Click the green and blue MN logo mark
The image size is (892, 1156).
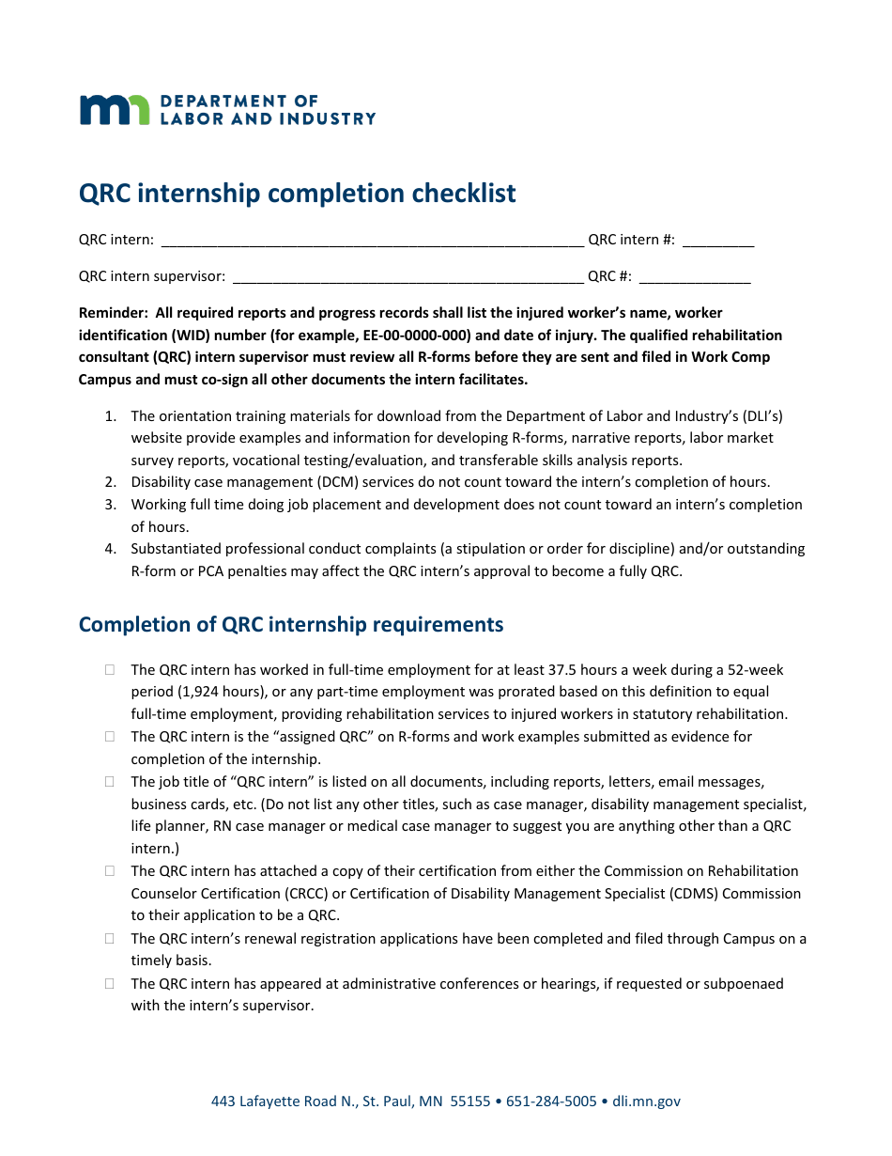[114, 110]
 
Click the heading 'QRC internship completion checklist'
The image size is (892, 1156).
[297, 194]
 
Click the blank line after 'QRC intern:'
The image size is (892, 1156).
[372, 241]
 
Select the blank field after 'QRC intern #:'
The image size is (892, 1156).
[717, 241]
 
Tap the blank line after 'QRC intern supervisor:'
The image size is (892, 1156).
[407, 277]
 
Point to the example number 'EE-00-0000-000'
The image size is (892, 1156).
[414, 336]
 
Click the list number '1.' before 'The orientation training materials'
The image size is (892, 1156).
[110, 416]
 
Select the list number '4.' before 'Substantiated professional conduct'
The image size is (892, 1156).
[110, 549]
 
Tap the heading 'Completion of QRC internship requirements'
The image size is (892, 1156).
[291, 625]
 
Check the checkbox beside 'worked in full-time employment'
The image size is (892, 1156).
[110, 670]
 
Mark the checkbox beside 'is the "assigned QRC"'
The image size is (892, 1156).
[110, 737]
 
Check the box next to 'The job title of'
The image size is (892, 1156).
[110, 782]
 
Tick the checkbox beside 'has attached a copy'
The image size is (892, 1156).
[110, 871]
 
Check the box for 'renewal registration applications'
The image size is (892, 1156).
[110, 939]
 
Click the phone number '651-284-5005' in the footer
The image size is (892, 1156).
[551, 1101]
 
